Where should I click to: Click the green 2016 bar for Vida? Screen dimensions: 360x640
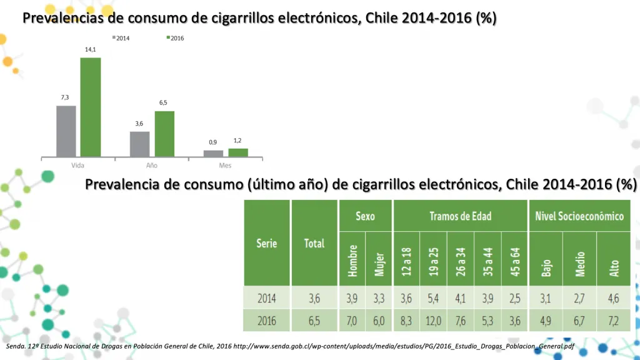[91, 107]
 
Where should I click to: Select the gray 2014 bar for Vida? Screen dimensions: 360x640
[66, 131]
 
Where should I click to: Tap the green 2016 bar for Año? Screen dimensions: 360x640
[164, 134]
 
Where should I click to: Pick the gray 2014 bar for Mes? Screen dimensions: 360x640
[213, 153]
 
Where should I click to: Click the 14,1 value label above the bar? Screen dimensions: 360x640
[91, 49]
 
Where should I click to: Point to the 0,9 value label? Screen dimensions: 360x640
[213, 142]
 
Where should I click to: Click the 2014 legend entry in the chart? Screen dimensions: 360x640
[121, 38]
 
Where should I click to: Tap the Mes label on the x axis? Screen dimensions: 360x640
[225, 166]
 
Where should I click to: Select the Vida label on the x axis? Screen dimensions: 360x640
[78, 166]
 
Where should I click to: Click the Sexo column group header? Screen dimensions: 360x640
[365, 216]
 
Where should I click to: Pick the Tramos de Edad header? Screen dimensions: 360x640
[460, 216]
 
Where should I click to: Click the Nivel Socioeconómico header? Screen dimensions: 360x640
[579, 216]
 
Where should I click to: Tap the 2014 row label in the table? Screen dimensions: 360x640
[267, 298]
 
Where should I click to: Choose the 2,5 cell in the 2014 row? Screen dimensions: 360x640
[514, 298]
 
